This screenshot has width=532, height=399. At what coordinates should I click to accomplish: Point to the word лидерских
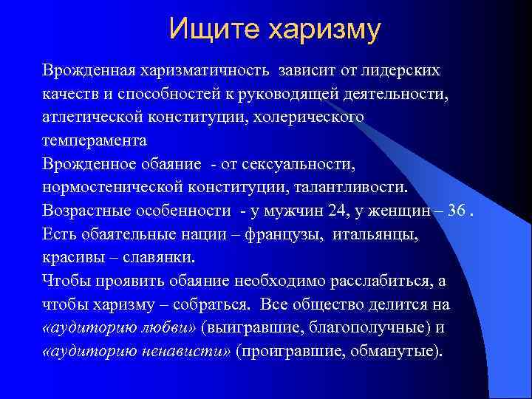pos(403,70)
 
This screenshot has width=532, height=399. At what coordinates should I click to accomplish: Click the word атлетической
pos(89,117)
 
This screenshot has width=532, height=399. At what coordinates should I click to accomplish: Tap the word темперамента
pos(94,140)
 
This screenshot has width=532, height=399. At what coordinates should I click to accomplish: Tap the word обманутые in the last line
pos(397,351)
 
